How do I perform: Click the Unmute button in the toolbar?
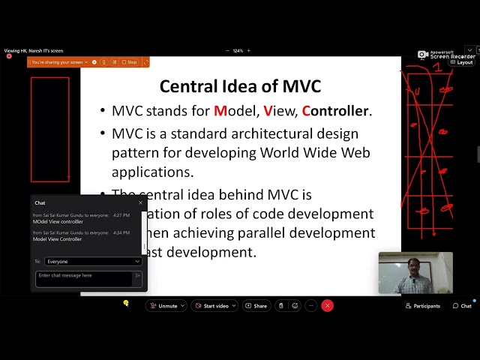pos(166,306)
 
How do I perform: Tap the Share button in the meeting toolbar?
pos(256,306)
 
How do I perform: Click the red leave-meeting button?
pos(327,306)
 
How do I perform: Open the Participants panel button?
pos(422,306)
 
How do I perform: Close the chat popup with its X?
pos(140,202)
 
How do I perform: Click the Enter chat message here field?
pos(84,276)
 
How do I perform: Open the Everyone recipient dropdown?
pos(93,262)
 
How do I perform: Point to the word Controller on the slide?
pos(335,111)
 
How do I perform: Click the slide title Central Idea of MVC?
pos(240,86)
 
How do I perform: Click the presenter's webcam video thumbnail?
pos(415,273)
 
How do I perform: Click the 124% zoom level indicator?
pos(238,51)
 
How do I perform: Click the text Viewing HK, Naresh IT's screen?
pos(34,51)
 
